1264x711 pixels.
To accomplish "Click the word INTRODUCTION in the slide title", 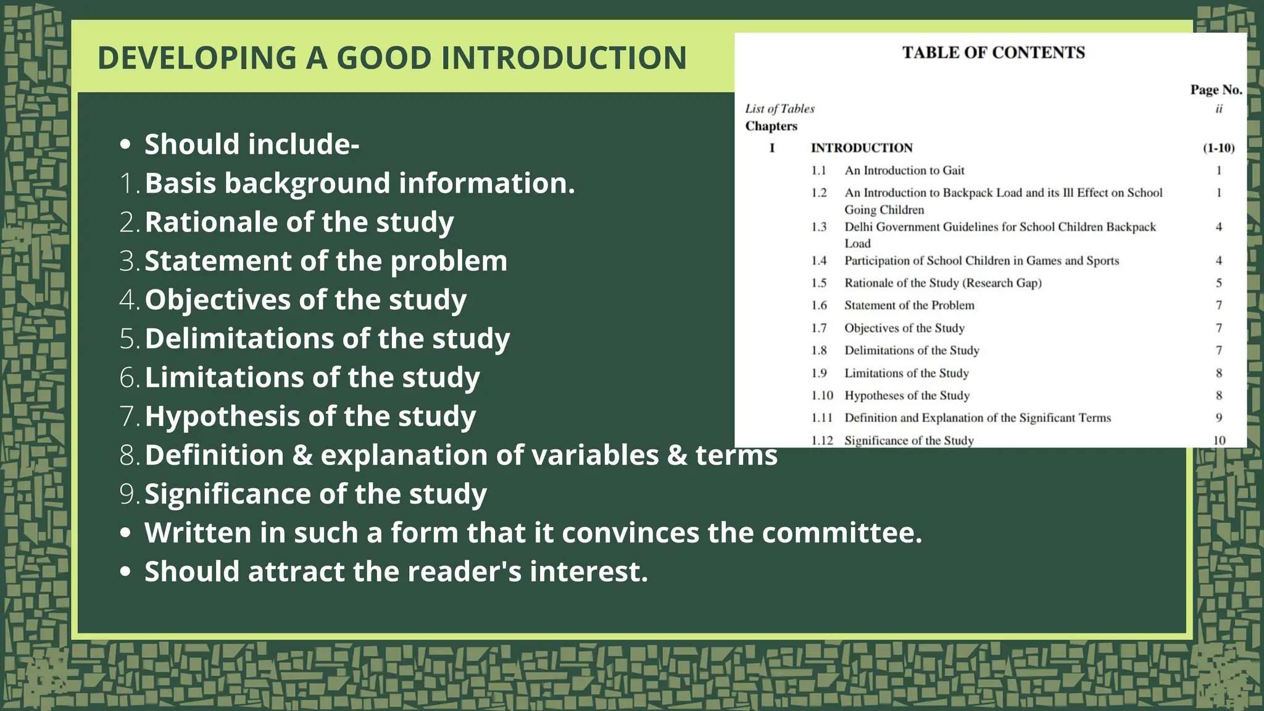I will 563,58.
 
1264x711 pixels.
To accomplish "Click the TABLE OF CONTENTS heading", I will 993,52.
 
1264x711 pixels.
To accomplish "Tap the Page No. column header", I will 1215,90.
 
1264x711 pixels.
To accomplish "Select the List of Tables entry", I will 780,109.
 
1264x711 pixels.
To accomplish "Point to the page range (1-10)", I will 1218,148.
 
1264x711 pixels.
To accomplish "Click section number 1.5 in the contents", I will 818,283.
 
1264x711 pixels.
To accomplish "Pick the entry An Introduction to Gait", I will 904,170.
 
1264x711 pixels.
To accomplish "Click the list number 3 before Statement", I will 128,261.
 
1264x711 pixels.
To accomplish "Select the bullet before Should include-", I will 126,144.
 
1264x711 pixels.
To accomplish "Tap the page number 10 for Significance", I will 1219,441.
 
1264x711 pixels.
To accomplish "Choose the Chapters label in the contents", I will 771,126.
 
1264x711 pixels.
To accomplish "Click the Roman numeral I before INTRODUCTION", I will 771,148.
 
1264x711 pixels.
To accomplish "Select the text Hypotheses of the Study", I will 907,396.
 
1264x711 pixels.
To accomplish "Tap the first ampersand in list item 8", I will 302,455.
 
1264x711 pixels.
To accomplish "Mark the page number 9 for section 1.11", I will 1219,418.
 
